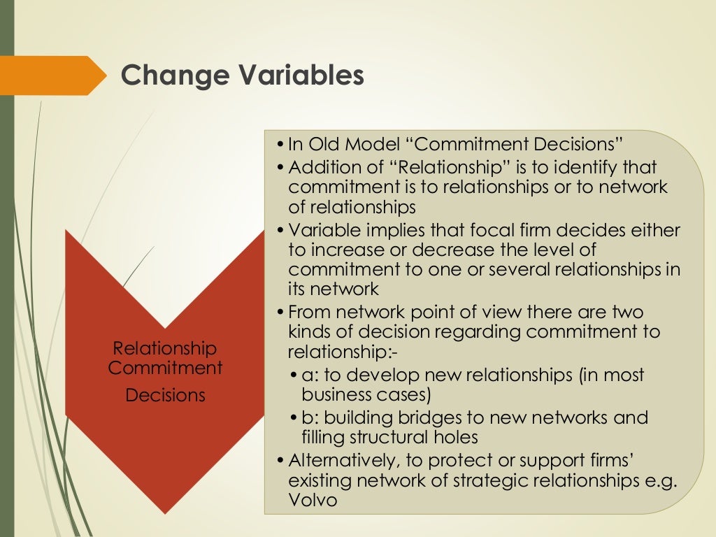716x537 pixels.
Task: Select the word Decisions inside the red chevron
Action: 166,395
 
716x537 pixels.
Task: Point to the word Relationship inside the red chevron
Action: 165,348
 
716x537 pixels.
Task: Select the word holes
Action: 453,438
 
